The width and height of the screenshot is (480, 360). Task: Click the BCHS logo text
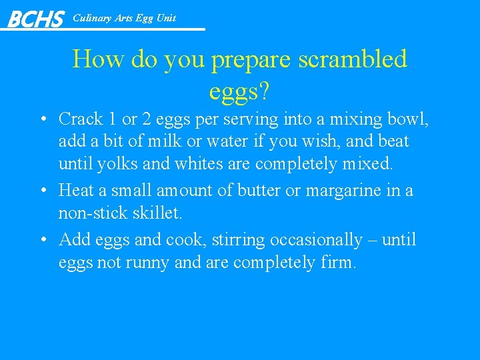coord(35,19)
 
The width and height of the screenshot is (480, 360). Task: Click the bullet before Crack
coord(42,120)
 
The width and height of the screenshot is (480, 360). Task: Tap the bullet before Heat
coord(42,191)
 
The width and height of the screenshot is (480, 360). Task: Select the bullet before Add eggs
coord(42,240)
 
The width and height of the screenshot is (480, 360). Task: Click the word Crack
coord(81,119)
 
